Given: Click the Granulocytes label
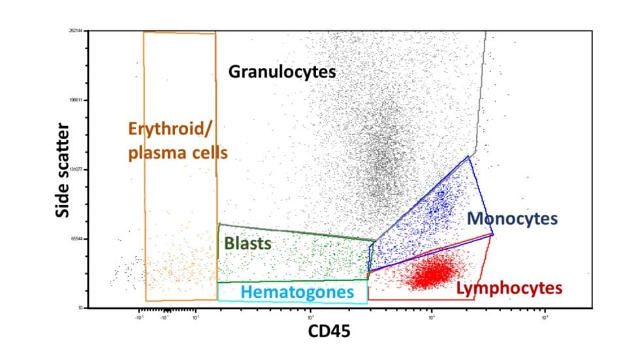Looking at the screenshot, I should coord(281,71).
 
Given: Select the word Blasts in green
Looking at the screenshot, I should coord(247,244).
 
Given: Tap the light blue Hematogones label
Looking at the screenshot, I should coord(297,291).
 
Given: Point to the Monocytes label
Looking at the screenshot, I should coord(512,218).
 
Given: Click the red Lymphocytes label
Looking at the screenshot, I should coord(509,287).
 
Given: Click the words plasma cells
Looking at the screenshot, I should coord(178,153).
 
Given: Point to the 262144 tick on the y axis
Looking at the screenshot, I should coord(79,31).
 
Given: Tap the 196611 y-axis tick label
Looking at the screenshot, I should coord(79,100).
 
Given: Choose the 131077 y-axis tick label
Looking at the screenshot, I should coord(79,169).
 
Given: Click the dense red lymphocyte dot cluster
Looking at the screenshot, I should coord(434,272).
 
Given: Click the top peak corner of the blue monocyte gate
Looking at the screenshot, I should coord(468,156).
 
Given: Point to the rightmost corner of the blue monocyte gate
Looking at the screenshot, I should coord(493,234).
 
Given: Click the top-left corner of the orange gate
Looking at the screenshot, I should coord(144,32).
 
